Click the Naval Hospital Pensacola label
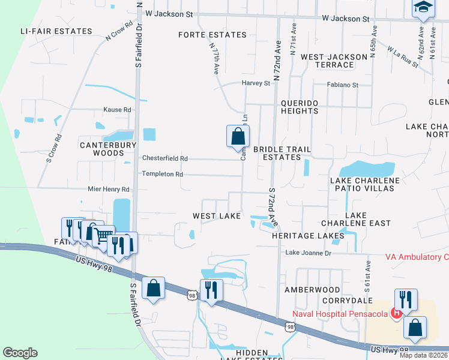[340, 314]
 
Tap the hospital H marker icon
[397, 313]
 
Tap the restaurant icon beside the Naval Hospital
[405, 299]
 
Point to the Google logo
[20, 353]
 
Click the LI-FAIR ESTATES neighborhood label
[56, 31]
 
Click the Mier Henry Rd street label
[109, 189]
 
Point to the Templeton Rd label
[162, 174]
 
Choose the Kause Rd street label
[117, 110]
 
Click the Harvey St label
[256, 83]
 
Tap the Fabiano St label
[343, 85]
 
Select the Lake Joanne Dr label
[308, 253]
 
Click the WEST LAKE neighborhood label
[216, 216]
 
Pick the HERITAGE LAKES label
[308, 236]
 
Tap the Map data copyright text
[423, 355]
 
